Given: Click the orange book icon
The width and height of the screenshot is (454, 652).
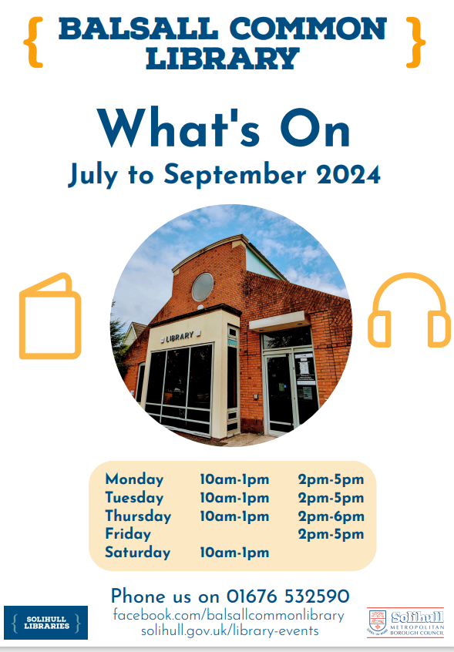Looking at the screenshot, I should (x=50, y=316).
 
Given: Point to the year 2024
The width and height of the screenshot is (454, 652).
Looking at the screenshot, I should (x=348, y=175).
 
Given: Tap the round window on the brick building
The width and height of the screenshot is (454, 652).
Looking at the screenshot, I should (x=203, y=287).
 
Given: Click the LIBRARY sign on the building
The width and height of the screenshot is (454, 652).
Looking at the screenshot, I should (x=180, y=336).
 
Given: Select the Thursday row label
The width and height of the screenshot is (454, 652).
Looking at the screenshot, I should (x=138, y=516).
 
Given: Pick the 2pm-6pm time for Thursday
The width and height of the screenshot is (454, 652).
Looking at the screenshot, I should (x=331, y=516).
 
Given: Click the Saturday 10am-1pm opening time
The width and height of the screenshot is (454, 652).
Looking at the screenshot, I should (x=234, y=552).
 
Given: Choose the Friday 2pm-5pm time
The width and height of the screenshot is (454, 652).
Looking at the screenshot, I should (x=331, y=534).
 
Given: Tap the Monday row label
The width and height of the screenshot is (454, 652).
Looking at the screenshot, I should (x=134, y=479).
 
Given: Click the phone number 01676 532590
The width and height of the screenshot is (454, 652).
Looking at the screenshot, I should (x=288, y=596).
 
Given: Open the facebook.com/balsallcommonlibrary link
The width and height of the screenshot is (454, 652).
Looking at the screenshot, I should (x=228, y=615).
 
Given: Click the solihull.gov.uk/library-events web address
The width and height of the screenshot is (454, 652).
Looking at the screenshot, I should (x=230, y=631).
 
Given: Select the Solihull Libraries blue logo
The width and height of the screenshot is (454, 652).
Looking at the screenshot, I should (x=45, y=622).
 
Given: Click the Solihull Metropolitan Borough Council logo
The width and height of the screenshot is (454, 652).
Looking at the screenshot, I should (x=405, y=622).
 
